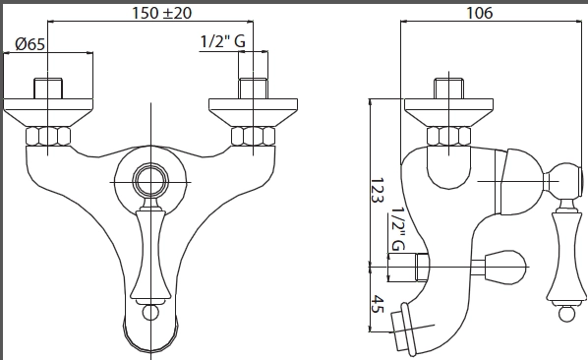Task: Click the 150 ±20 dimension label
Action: click(161, 13)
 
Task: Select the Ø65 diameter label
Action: click(30, 44)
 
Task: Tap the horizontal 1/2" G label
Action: click(223, 41)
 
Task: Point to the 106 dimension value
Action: click(479, 13)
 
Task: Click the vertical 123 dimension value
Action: click(378, 190)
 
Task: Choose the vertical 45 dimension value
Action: click(378, 304)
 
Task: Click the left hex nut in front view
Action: click(48, 136)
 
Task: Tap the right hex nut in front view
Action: click(253, 136)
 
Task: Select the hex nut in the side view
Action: click(449, 136)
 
